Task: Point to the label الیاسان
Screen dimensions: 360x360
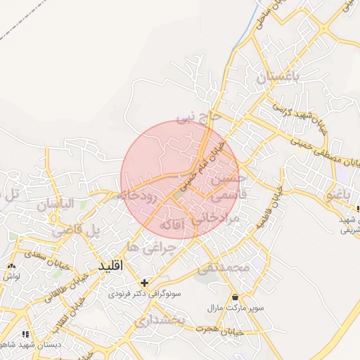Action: pos(55,205)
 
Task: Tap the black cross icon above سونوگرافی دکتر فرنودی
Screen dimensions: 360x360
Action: pos(144,283)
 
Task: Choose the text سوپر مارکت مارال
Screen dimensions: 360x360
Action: pos(224,308)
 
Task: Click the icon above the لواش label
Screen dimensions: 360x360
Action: pos(12,266)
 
